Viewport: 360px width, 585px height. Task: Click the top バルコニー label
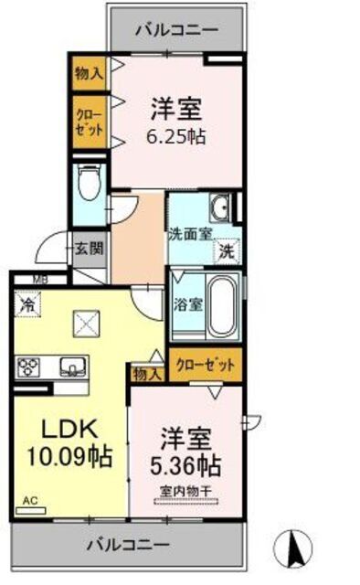[x=176, y=29]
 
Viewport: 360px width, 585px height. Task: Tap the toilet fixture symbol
[x=90, y=185]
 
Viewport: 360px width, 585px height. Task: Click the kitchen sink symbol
[x=70, y=367]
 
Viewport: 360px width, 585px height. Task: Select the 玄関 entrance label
[x=89, y=250]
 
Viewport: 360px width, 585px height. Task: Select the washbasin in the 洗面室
[x=220, y=204]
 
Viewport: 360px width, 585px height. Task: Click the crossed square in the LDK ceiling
[x=87, y=323]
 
